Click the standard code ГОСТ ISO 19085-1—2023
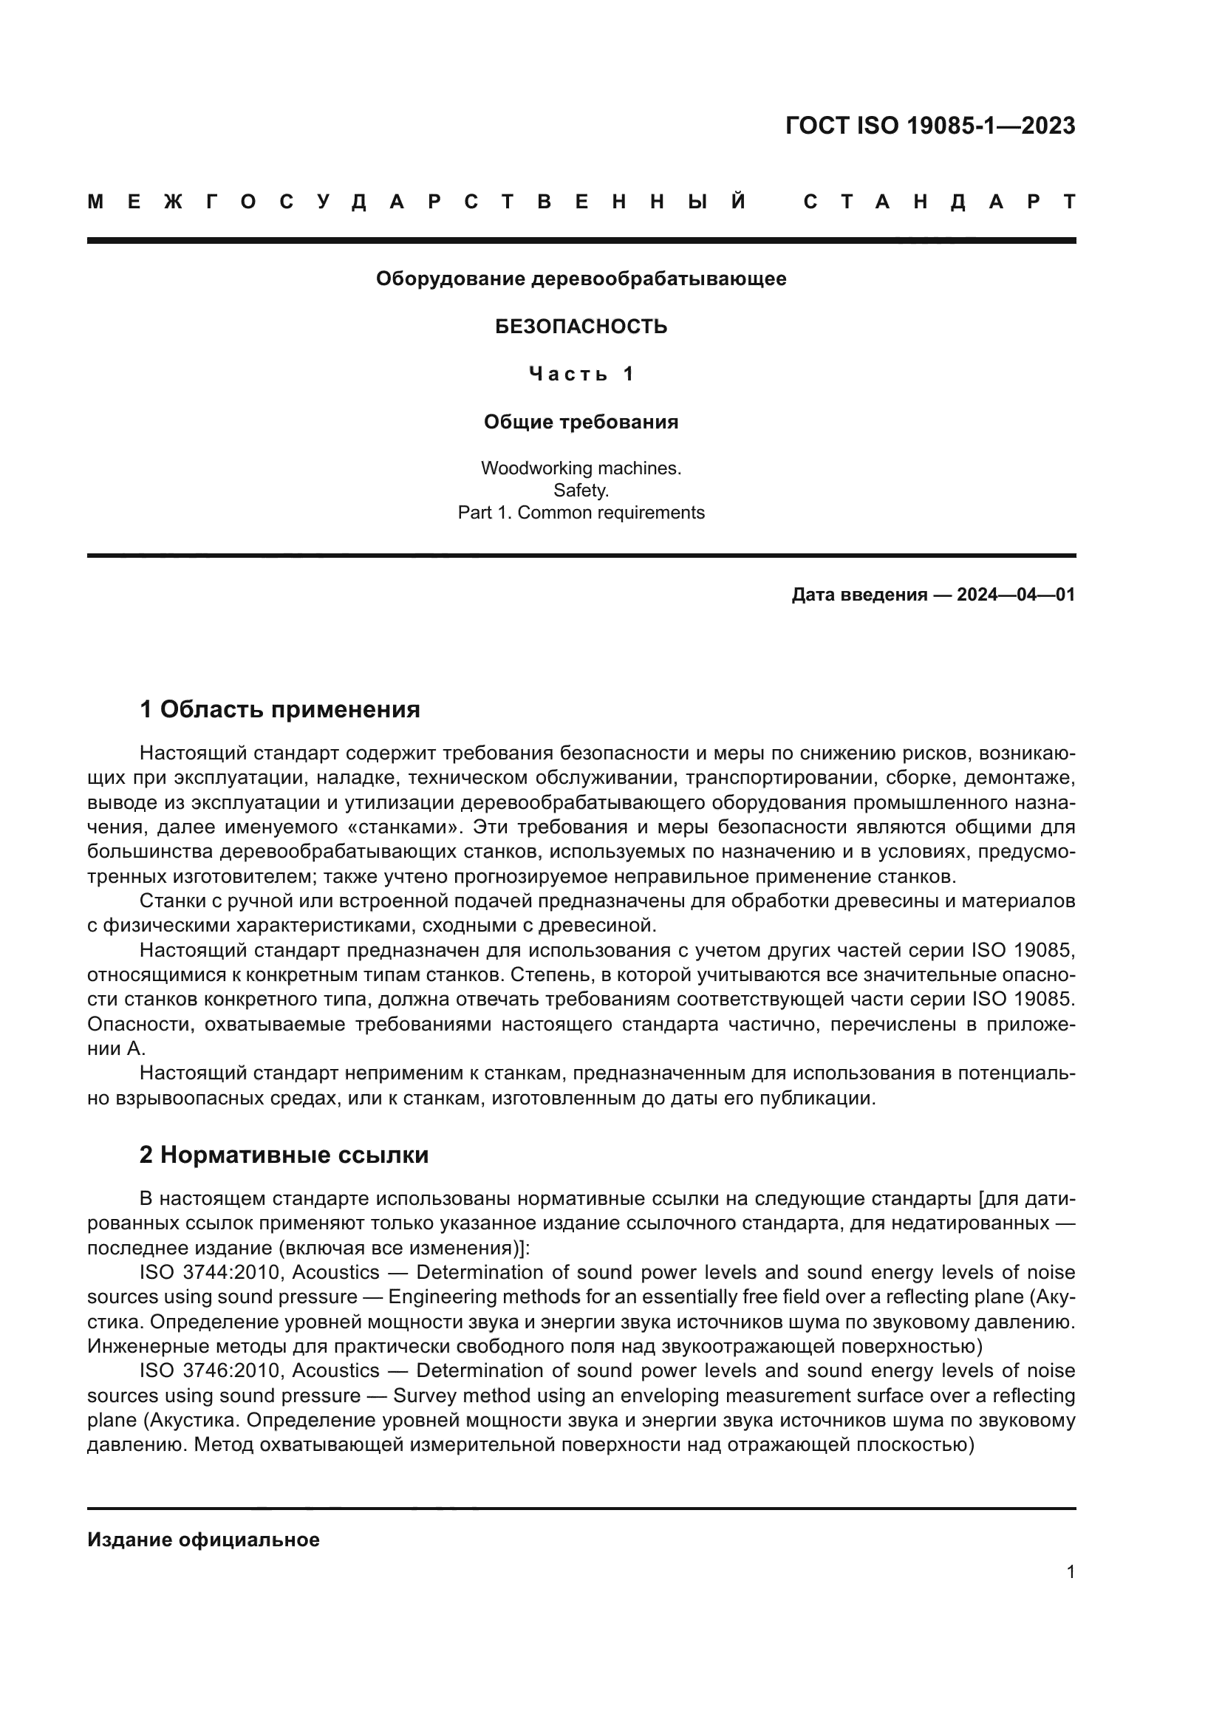[930, 126]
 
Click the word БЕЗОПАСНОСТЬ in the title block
[581, 327]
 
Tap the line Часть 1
[581, 374]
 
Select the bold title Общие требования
[581, 423]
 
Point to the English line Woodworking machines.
[581, 468]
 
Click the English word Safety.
[581, 491]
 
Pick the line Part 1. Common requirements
[581, 513]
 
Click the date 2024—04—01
[1016, 595]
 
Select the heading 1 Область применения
[279, 709]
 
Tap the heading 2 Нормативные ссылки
[284, 1155]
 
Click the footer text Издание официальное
[203, 1540]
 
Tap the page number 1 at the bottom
[1070, 1572]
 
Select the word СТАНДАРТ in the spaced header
[939, 202]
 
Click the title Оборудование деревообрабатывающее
[581, 279]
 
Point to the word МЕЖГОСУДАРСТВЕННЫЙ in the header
[417, 202]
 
